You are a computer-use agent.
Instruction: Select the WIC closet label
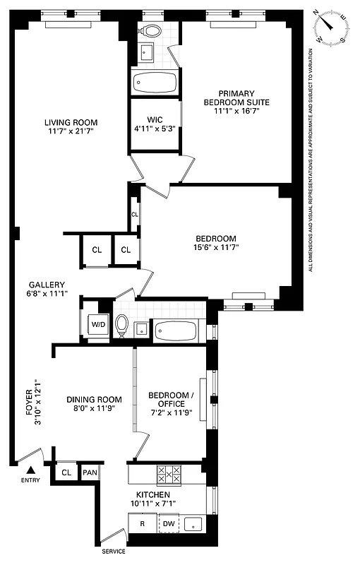[x=155, y=119]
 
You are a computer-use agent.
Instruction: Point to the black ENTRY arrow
[x=30, y=470]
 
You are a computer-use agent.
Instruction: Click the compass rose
[x=332, y=28]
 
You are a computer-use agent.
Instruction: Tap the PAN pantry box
[x=90, y=472]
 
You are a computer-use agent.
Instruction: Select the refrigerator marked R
[x=142, y=523]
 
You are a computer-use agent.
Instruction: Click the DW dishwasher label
[x=168, y=523]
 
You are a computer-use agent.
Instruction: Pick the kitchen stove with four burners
[x=169, y=473]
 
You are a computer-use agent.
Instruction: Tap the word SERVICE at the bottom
[x=113, y=552]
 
